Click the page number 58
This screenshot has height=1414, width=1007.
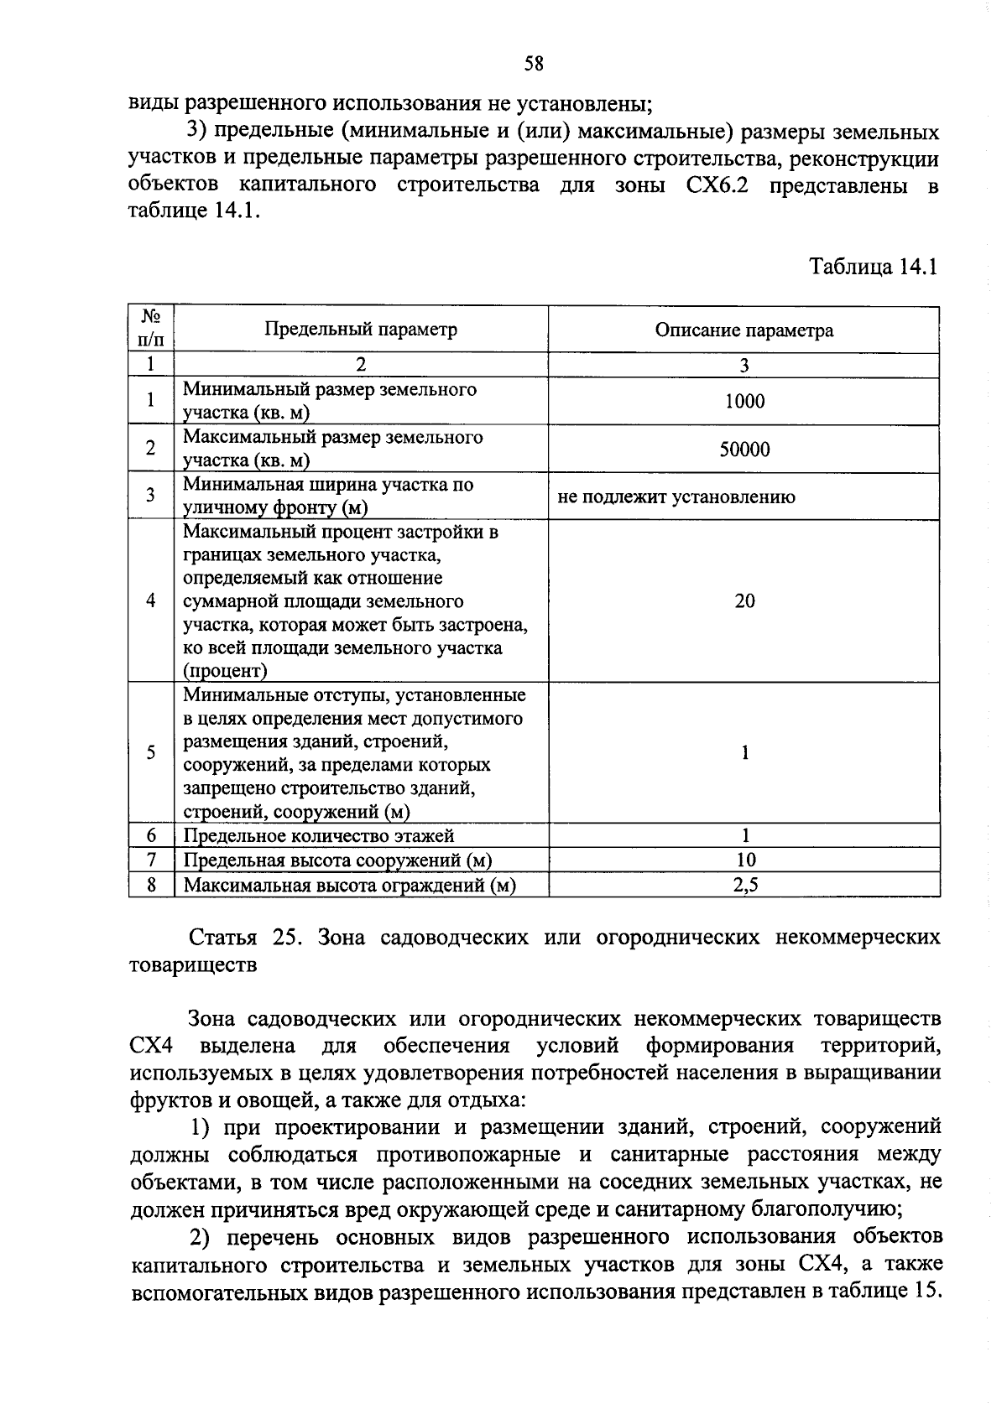pos(534,64)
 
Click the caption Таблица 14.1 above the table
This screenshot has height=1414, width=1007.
pos(872,268)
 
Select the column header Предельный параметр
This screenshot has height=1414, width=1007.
pos(361,330)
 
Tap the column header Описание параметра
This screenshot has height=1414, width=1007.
pos(744,330)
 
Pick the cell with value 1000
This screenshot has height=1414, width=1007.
pos(744,402)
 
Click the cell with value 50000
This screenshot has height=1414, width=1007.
pos(744,450)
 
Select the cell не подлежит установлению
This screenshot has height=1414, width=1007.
pos(676,496)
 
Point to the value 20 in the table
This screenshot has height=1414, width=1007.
pos(744,600)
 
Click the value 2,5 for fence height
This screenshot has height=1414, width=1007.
pos(744,884)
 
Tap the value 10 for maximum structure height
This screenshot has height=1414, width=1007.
pos(744,860)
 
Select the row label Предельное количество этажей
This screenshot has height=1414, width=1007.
pos(319,835)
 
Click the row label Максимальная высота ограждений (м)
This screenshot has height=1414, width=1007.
pos(349,885)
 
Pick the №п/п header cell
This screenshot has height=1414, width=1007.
pos(151,329)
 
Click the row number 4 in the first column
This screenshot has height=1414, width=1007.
pos(151,600)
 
